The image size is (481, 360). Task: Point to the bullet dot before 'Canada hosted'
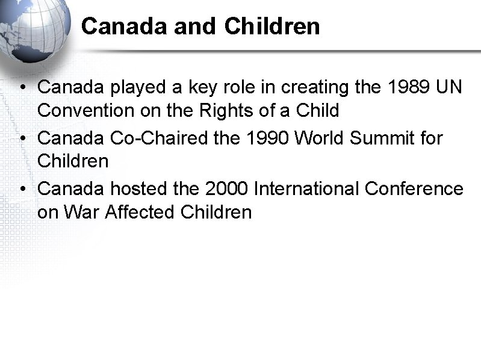pyautogui.click(x=22, y=190)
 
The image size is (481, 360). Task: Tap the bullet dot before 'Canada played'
pyautogui.click(x=22, y=88)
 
